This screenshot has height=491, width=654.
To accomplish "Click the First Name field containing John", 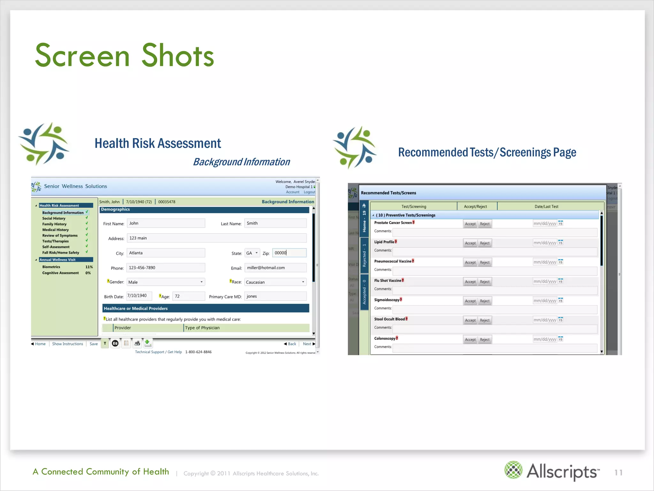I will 166,223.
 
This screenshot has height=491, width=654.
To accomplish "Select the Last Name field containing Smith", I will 275,223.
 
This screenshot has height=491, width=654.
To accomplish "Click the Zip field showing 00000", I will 289,253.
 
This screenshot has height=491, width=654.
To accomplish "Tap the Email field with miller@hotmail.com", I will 275,268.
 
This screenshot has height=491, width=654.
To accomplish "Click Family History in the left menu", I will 54,224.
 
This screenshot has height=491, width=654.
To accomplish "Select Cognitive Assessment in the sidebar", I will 60,273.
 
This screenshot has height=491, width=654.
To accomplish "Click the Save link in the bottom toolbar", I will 94,344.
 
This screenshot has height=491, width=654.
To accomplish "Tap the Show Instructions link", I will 67,344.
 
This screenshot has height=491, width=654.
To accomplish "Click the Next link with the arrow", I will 308,344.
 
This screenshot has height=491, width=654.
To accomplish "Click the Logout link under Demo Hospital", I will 309,192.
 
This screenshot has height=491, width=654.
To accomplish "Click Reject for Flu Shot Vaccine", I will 484,282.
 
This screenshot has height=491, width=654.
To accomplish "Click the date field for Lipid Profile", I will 544,243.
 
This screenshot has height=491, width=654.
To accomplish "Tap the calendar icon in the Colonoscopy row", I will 560,339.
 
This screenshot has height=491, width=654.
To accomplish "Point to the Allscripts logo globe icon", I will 513,470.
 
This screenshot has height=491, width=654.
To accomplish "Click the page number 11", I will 618,472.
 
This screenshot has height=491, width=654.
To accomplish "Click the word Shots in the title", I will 178,56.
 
